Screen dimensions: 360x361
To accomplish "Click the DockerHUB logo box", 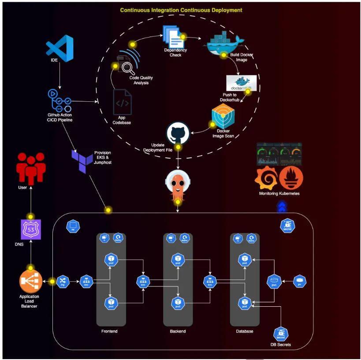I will click(241, 83).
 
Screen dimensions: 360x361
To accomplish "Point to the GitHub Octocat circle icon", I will click(178, 134).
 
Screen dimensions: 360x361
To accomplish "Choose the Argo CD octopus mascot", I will click(178, 185).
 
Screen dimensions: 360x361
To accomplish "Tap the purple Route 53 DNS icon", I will click(30, 230).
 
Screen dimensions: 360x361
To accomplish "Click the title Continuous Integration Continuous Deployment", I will click(181, 10).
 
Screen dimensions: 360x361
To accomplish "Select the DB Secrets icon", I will click(281, 334).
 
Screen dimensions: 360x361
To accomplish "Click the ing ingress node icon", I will click(62, 281).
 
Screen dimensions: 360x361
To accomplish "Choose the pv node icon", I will click(300, 281).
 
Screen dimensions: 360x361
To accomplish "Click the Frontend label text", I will click(110, 331).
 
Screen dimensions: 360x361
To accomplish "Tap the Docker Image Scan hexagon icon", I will click(223, 117).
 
